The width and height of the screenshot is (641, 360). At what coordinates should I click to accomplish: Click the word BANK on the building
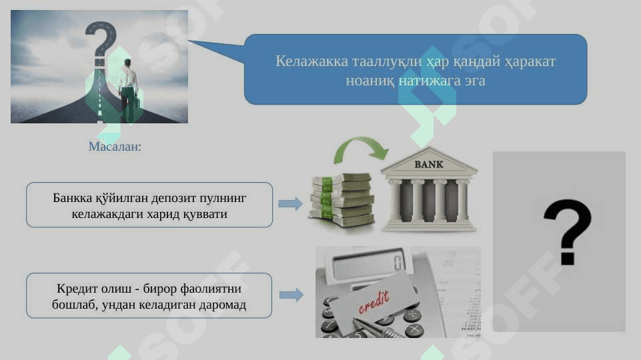point(428,164)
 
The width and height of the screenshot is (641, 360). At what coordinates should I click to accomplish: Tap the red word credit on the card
point(374,302)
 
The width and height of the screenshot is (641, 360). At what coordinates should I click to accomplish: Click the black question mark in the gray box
point(568,232)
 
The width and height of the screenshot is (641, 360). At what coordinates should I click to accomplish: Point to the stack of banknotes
point(342,200)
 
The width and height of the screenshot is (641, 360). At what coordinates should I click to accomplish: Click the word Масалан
point(115,146)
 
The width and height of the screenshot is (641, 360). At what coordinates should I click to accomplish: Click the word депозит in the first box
point(173,198)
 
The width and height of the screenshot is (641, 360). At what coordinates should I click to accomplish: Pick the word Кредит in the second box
point(77,289)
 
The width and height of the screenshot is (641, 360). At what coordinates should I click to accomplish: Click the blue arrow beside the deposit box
point(291,203)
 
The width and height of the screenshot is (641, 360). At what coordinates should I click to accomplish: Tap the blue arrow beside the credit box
point(291,295)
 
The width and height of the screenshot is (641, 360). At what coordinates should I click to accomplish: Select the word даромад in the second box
point(222,305)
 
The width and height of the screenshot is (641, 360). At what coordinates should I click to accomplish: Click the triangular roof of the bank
point(429,161)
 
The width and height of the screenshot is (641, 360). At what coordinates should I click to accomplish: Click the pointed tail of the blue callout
point(189,41)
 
